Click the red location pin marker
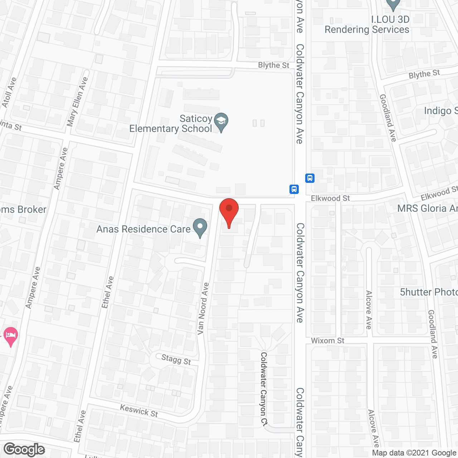click(229, 211)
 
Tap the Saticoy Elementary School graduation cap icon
click(221, 122)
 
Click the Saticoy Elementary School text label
click(171, 123)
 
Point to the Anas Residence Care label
click(143, 229)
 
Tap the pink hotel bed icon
click(10, 336)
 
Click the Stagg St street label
click(176, 359)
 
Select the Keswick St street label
click(139, 410)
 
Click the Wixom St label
click(327, 341)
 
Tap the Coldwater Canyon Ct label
click(264, 389)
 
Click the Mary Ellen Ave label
click(77, 102)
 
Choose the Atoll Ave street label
click(9, 92)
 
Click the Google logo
click(24, 449)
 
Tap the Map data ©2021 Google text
click(414, 453)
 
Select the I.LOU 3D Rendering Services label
click(367, 25)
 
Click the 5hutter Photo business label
click(429, 292)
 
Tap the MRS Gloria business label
click(427, 208)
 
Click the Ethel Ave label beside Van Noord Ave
click(107, 292)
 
